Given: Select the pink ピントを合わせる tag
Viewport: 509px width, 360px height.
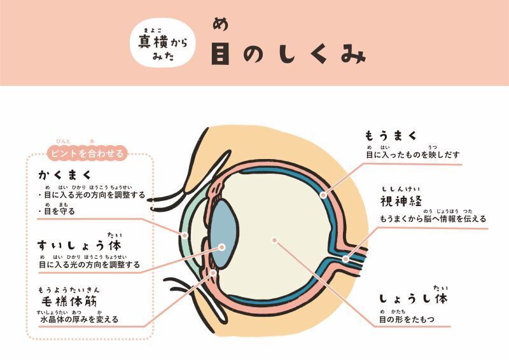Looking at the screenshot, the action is coord(87,153).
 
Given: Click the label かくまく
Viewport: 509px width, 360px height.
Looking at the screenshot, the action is coord(65,174).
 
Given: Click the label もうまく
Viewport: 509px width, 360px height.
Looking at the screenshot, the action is coord(391,135).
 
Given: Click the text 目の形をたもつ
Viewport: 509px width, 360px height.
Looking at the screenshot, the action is coord(407,319).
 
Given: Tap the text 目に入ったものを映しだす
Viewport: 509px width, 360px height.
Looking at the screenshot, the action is coord(412,155).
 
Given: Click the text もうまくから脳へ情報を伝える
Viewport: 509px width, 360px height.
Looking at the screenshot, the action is coord(433,219).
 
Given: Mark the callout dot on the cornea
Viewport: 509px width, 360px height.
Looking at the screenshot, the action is coord(185,235).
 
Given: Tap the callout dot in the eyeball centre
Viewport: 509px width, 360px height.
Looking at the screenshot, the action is coord(274,240).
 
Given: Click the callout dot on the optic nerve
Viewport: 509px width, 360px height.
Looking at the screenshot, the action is coord(345,258).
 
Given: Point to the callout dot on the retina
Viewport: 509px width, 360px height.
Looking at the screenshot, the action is coord(323,194).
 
